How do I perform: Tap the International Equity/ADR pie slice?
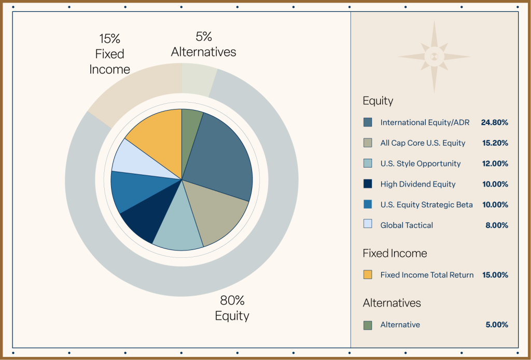tap(220, 156)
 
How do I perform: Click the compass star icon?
tap(435, 57)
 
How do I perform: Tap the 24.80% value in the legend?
tap(494, 122)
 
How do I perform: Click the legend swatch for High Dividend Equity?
tap(368, 184)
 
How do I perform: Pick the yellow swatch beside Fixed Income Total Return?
tap(368, 275)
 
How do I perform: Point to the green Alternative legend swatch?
tap(368, 325)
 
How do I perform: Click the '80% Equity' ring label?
tap(232, 308)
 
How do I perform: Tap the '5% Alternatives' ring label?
tap(203, 45)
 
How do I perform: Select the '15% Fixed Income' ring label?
tap(109, 54)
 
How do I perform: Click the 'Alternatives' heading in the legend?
tap(392, 303)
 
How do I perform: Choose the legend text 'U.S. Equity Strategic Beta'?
tap(426, 204)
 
